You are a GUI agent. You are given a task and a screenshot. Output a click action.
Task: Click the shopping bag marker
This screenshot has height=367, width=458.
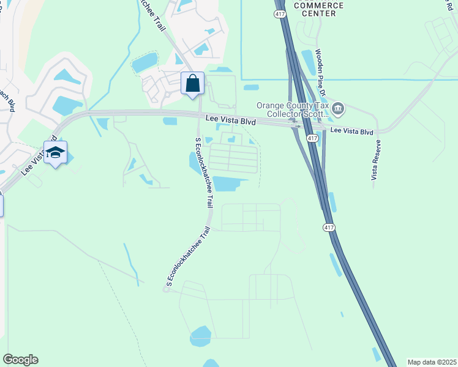coord(193,83)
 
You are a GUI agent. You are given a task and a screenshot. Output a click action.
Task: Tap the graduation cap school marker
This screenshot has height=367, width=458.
coord(55,153)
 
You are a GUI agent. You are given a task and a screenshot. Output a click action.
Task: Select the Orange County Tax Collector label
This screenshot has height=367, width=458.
coord(293,109)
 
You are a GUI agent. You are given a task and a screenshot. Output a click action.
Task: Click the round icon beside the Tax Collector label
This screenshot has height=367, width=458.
coord(338,109)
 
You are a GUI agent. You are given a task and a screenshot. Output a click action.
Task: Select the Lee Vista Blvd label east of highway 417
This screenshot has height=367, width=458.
coord(351,132)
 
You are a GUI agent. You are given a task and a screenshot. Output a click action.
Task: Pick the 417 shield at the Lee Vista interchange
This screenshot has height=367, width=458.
coord(312,139)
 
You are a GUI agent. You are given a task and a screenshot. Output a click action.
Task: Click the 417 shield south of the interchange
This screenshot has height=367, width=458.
coord(329,228)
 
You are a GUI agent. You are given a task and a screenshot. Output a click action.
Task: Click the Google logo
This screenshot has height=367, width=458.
coord(20,360)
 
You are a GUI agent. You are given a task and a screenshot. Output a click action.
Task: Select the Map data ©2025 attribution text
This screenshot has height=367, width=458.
coord(432,362)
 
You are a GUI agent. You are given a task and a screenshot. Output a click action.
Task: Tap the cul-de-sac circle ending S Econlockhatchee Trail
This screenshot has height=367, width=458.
coord(165,289)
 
